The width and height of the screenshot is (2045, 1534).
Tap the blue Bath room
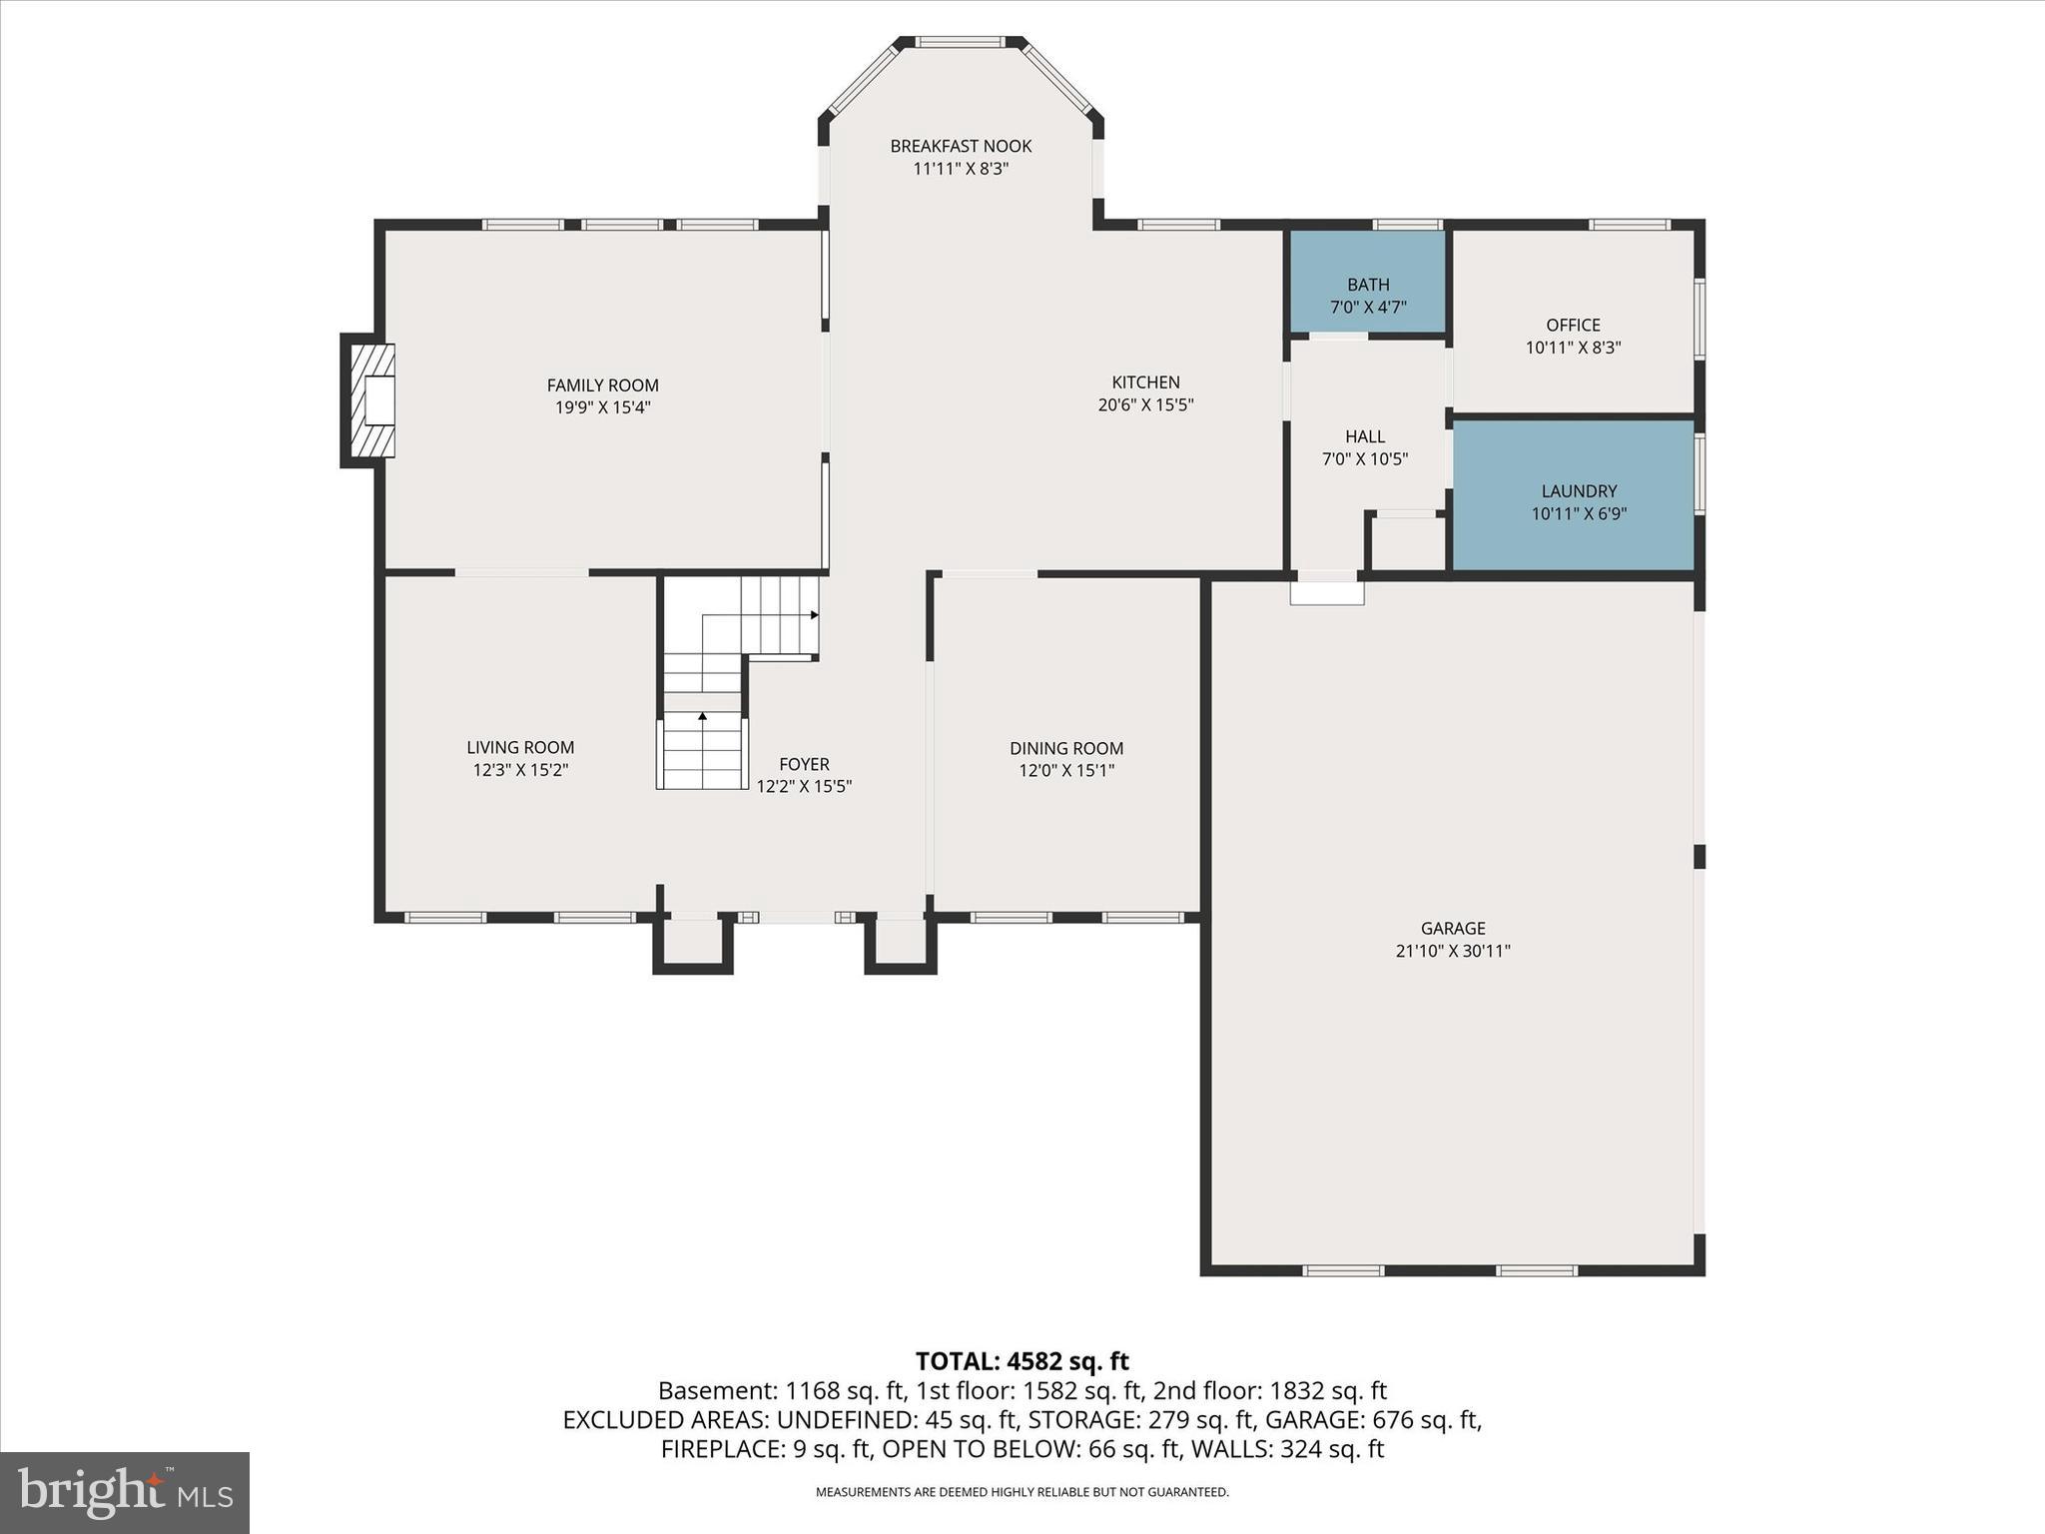pos(1367,282)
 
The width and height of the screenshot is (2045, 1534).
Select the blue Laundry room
pos(1574,495)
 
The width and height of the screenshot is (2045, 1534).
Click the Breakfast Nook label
pos(961,146)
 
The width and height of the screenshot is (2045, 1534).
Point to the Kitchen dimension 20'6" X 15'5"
pos(1145,405)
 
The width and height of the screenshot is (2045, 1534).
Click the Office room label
pos(1573,325)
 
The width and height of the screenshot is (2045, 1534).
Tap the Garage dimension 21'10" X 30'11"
pos(1452,952)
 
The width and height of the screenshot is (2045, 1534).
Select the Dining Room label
pos(1065,748)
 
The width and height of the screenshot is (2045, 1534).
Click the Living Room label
pos(520,747)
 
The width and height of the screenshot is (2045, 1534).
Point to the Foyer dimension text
pos(803,787)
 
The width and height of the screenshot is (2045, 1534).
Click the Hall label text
pos(1364,436)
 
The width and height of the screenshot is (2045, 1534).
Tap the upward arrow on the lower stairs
pos(702,717)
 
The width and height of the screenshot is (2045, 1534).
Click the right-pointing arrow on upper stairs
pos(814,615)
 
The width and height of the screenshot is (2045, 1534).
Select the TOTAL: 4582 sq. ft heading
pos(1022,1361)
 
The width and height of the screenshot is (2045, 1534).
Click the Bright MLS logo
pos(125,1492)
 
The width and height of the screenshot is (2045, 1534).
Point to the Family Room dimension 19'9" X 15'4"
pos(602,407)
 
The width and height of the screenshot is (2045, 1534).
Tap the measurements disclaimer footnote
pos(1022,1492)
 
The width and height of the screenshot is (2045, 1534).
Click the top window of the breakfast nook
pos(960,42)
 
